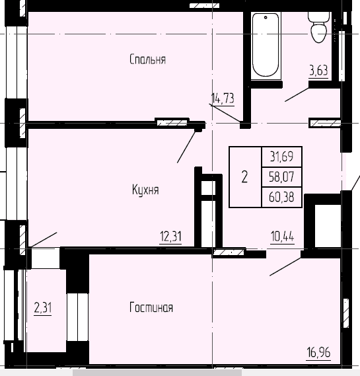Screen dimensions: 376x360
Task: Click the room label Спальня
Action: click(x=147, y=59)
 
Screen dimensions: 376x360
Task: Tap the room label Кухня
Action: click(x=145, y=190)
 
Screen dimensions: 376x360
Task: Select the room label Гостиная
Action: click(x=151, y=307)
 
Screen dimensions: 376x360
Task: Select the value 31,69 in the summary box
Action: click(x=281, y=157)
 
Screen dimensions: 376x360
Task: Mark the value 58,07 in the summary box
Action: click(x=281, y=176)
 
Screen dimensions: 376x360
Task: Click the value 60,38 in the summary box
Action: click(x=281, y=196)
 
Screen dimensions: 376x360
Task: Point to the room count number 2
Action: click(x=244, y=176)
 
